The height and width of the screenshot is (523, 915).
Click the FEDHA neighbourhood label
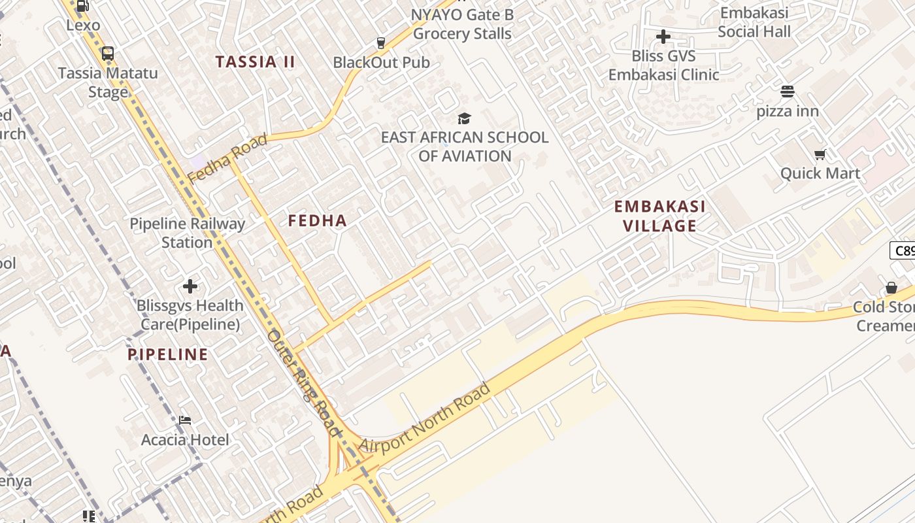click(x=318, y=221)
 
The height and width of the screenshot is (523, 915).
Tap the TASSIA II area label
click(x=256, y=62)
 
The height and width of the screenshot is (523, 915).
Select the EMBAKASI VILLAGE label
click(x=659, y=216)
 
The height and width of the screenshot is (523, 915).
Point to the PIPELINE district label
click(x=168, y=355)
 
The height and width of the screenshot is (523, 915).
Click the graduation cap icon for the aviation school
click(x=464, y=118)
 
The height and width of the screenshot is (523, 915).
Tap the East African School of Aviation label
click(x=465, y=146)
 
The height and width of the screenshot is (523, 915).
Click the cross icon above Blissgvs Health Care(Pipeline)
click(x=190, y=286)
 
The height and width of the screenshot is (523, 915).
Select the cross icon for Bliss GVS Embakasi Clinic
click(x=663, y=37)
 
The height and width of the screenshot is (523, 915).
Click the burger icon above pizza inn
click(x=788, y=92)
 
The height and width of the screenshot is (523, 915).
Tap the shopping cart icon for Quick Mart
click(x=820, y=155)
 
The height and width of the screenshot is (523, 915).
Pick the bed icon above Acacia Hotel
click(x=185, y=420)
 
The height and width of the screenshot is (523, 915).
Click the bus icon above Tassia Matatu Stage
click(x=108, y=54)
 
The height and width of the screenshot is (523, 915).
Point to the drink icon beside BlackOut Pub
click(x=381, y=43)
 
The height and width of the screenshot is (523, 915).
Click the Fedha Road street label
click(x=227, y=158)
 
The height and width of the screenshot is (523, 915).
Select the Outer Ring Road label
click(x=304, y=382)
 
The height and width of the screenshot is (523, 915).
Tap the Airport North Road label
click(x=424, y=419)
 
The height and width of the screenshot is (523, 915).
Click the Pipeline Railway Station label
click(x=187, y=233)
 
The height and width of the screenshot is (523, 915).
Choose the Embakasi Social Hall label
click(x=754, y=22)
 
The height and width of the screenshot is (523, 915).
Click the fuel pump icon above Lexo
click(x=83, y=7)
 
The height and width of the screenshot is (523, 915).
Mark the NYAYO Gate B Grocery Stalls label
click(x=462, y=24)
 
